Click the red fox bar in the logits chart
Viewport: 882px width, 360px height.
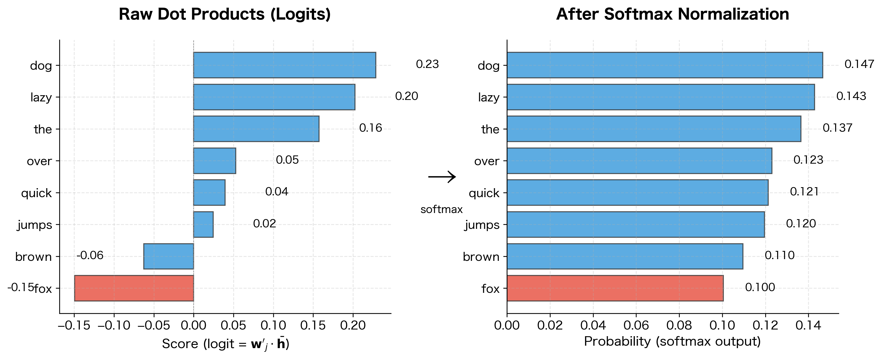134,288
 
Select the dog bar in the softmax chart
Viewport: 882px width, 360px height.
665,65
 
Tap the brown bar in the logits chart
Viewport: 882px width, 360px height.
169,256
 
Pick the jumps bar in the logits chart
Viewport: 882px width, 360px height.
203,224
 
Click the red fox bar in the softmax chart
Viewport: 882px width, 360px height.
615,288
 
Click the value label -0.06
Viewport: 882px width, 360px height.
90,255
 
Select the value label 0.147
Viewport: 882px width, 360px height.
859,64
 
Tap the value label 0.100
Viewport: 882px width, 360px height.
760,287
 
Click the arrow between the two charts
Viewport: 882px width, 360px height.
442,177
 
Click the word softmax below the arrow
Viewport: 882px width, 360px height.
441,209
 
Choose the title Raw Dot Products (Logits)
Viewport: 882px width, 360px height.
225,14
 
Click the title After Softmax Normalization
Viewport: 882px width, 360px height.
673,14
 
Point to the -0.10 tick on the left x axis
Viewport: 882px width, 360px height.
114,325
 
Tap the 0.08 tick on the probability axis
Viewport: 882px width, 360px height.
679,325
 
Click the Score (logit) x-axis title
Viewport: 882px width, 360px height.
225,344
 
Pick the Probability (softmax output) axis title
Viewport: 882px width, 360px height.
672,341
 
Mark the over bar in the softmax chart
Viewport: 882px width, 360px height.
639,161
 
